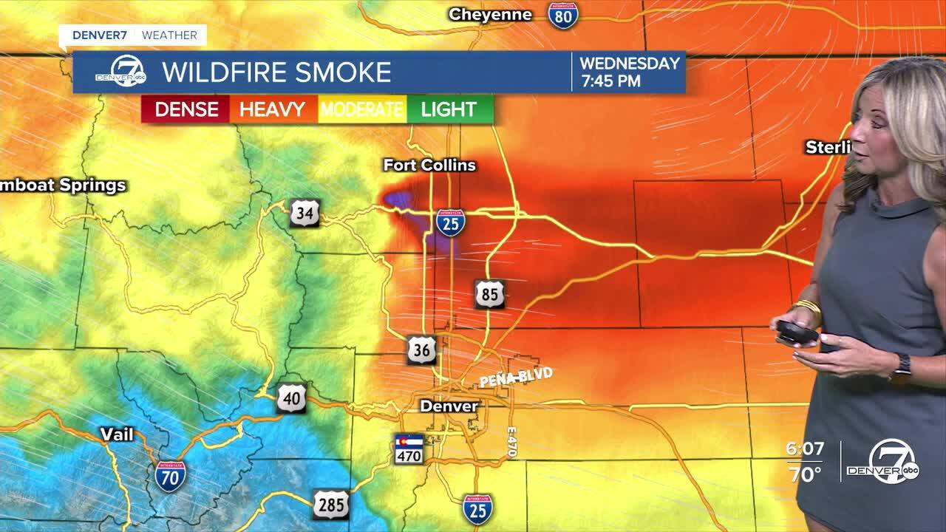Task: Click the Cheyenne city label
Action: coord(490,15)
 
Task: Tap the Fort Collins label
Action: coord(429,166)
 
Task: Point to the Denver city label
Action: coord(449,406)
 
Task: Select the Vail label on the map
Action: coord(117,434)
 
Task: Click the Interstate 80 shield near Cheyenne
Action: coord(563,15)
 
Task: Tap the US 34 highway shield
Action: coord(304,213)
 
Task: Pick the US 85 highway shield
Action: coord(489,294)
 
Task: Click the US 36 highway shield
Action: coord(422,349)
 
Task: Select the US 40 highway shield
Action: coord(292,398)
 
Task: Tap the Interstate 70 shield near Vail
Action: coord(170,477)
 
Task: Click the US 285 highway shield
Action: coord(330,505)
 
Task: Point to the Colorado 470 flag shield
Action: coord(409,449)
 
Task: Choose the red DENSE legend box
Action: coord(186,110)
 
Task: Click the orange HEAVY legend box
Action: coord(273,110)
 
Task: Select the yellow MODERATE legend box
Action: coord(361,110)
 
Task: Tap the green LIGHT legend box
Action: coord(449,110)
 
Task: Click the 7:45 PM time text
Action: coord(610,81)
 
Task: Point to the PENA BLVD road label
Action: coord(516,378)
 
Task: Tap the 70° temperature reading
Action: coord(805,474)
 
